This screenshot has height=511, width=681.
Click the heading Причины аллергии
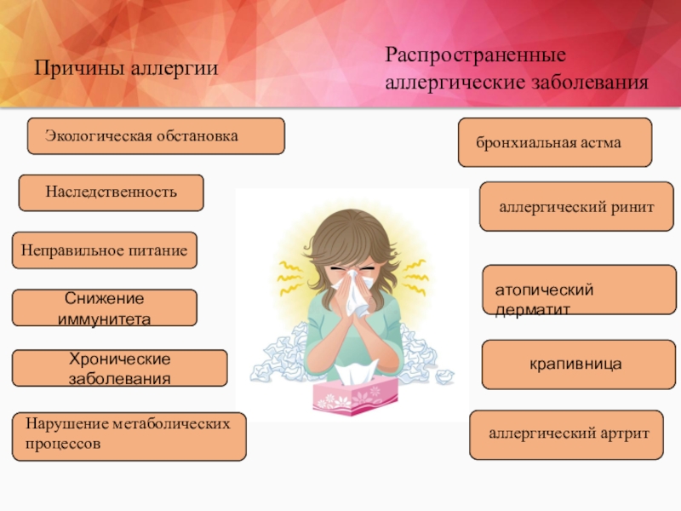(x=126, y=69)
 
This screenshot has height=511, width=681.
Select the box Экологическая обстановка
(x=156, y=136)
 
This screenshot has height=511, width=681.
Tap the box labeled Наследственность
(x=112, y=193)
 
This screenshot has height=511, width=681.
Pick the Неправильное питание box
(x=104, y=250)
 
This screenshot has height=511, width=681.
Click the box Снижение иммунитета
(x=104, y=307)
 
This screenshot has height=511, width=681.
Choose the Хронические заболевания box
(x=119, y=368)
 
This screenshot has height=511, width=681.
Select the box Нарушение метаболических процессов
(x=129, y=436)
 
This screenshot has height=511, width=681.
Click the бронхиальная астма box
(x=555, y=142)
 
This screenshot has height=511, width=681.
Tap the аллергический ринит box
(x=577, y=206)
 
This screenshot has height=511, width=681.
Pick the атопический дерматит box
(x=580, y=290)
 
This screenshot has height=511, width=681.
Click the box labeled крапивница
(x=579, y=365)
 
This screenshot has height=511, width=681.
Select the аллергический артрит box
(x=566, y=434)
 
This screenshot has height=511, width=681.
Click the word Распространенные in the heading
(x=476, y=55)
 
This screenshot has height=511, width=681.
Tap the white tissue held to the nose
(x=352, y=292)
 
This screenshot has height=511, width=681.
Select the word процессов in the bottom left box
(x=63, y=445)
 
